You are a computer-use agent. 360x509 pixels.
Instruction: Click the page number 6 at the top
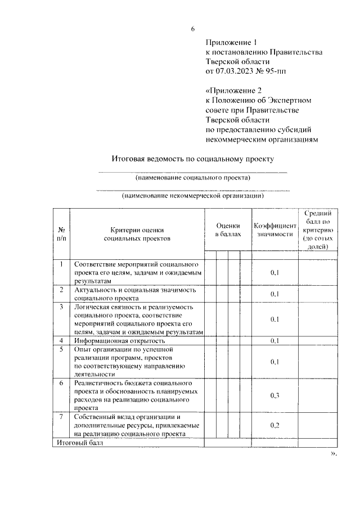pyautogui.click(x=192, y=29)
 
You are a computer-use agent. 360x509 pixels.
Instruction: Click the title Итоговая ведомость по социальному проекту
pyautogui.click(x=192, y=159)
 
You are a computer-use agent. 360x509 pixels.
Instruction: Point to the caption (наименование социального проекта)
pyautogui.click(x=193, y=178)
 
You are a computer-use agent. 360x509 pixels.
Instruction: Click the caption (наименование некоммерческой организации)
pyautogui.click(x=193, y=196)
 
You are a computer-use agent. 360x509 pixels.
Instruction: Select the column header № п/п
pyautogui.click(x=61, y=234)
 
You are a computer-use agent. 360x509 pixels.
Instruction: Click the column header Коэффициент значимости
pyautogui.click(x=274, y=229)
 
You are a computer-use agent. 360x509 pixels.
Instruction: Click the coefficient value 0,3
pyautogui.click(x=274, y=395)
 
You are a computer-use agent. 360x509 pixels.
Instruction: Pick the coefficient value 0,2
pyautogui.click(x=274, y=425)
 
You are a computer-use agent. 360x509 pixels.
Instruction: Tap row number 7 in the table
pyautogui.click(x=61, y=417)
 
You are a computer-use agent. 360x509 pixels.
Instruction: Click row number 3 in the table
pyautogui.click(x=61, y=307)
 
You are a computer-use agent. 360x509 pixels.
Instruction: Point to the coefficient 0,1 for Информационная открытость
pyautogui.click(x=274, y=341)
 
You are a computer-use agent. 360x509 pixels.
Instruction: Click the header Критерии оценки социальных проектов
pyautogui.click(x=137, y=234)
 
